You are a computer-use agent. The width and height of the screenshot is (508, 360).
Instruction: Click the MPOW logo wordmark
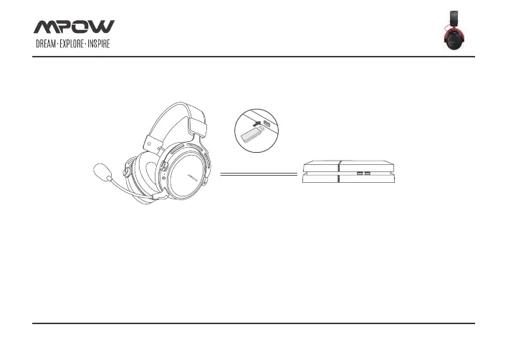[74, 27]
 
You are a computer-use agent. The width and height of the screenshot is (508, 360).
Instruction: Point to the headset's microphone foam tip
[102, 172]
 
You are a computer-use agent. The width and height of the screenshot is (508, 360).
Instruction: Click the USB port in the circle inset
[267, 124]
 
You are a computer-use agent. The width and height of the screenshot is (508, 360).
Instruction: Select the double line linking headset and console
[259, 174]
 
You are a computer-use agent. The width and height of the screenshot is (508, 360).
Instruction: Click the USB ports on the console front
[364, 174]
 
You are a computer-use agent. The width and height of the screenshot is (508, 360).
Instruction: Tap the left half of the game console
[320, 174]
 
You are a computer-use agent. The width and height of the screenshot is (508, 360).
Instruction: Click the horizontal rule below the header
[254, 57]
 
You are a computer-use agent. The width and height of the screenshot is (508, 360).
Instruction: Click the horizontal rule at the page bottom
[254, 323]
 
